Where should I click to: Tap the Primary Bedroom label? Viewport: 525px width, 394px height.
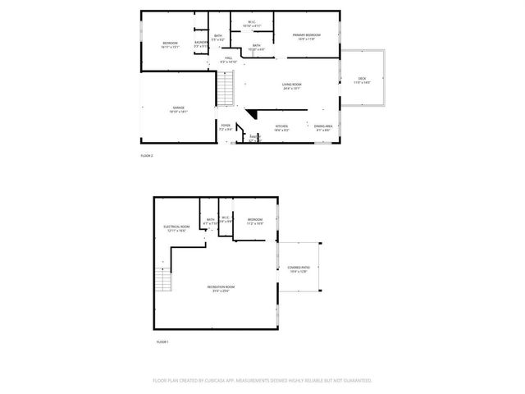tap(307, 35)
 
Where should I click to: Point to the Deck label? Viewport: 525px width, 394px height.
tap(362, 80)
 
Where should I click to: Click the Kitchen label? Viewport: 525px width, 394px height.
tap(281, 126)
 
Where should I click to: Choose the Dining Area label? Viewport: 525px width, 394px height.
tap(323, 126)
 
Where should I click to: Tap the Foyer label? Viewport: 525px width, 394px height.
tap(226, 126)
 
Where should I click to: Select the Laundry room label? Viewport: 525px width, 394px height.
tap(200, 43)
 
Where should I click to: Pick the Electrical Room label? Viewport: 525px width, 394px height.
tap(177, 227)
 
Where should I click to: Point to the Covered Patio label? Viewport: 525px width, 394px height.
tap(298, 269)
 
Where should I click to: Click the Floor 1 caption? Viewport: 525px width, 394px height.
tap(162, 341)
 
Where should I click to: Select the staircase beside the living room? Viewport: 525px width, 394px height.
tap(226, 88)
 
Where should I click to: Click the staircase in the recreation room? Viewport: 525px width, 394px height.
tap(163, 283)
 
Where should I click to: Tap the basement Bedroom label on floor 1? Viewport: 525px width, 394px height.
tap(255, 220)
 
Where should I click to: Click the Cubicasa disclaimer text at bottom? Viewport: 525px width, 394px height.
tap(262, 381)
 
